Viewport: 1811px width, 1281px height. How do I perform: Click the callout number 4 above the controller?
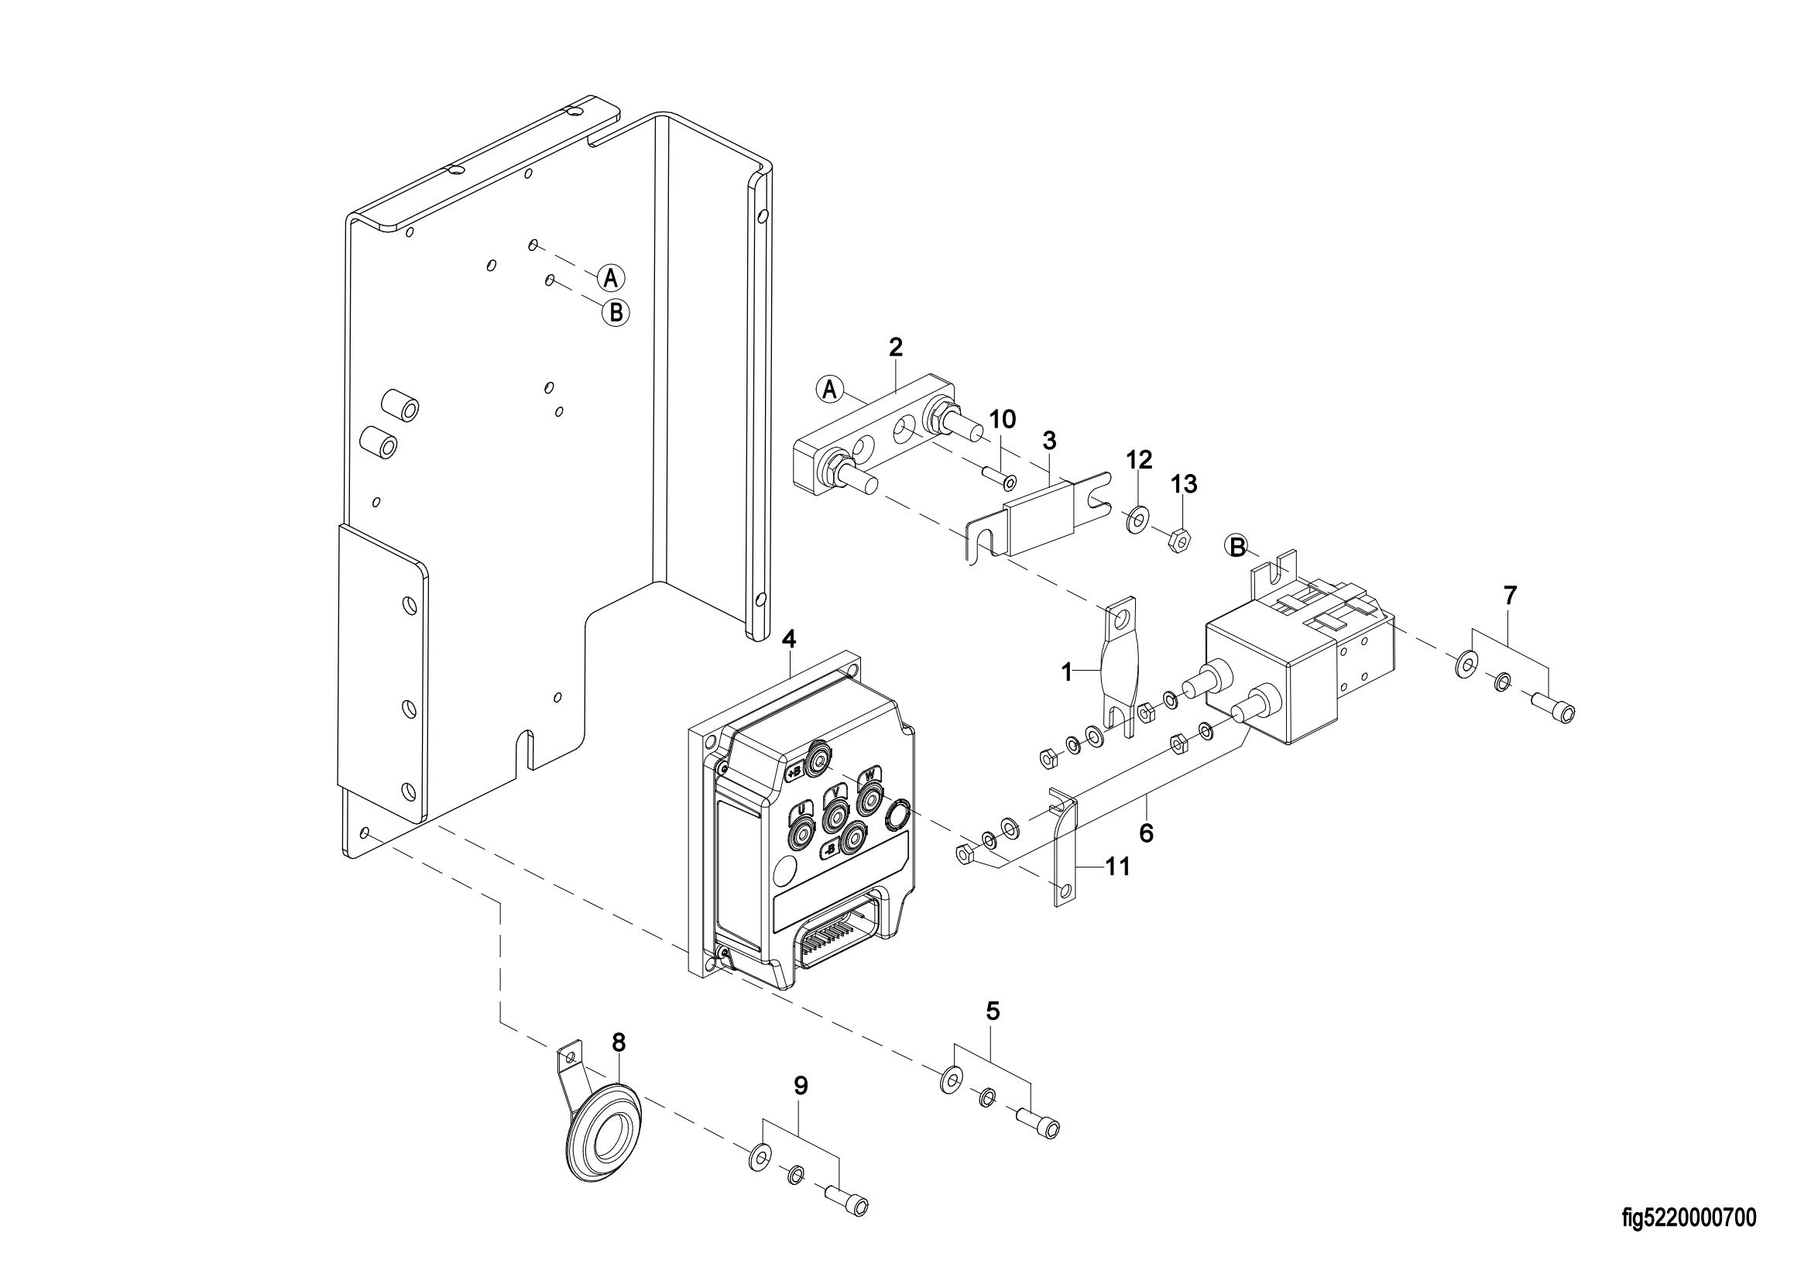790,640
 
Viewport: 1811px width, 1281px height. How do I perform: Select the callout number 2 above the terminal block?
895,347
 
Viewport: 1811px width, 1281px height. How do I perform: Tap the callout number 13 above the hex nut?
1184,484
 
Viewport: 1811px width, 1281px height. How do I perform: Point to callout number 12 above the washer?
1139,459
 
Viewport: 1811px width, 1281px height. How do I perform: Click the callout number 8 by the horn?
619,1042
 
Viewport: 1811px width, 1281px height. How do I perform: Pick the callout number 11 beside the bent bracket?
1118,867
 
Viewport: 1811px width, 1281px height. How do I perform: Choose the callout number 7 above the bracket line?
1510,596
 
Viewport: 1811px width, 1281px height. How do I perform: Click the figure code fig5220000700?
1689,1219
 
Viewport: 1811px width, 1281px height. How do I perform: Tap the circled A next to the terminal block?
829,390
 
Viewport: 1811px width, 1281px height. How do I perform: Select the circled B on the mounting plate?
616,313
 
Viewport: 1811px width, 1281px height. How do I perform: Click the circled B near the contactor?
1237,545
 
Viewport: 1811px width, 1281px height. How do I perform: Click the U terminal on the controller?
801,827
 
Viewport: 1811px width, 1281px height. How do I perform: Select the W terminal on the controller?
869,798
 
